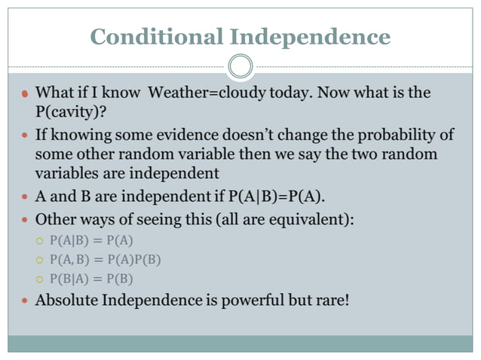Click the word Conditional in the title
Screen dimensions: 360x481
[x=157, y=36]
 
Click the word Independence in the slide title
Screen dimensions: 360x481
[x=310, y=36]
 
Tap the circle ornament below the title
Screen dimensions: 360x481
[x=240, y=66]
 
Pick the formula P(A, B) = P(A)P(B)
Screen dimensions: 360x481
[x=105, y=260]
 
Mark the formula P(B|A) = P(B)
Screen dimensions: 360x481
[x=91, y=279]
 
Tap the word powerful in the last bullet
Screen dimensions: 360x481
[x=250, y=300]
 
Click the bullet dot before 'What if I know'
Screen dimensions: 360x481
[x=24, y=94]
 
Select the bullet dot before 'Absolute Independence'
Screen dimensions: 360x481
[x=24, y=301]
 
